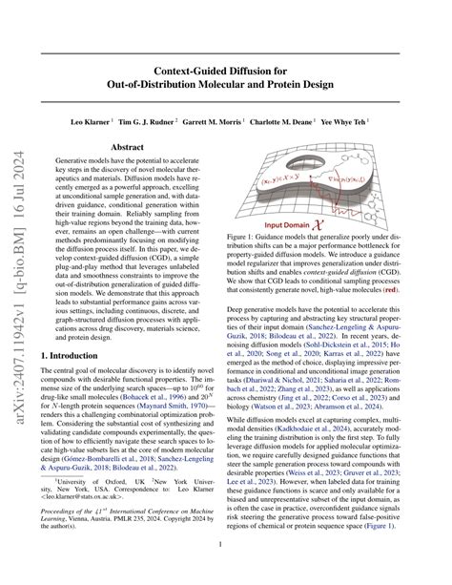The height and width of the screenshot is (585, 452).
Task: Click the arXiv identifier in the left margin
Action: click(x=16, y=286)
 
